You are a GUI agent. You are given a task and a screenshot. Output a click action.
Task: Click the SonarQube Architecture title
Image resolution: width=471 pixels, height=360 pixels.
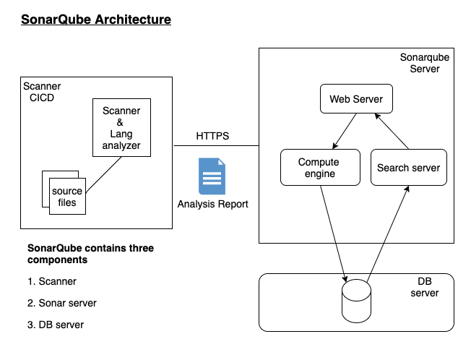click(x=96, y=20)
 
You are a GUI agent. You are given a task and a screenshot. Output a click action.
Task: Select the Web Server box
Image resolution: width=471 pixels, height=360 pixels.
click(x=356, y=99)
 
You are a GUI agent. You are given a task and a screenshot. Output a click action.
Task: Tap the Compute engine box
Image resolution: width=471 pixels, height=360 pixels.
click(x=319, y=168)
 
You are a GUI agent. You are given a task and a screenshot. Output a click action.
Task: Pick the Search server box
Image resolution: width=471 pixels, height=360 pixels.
click(x=408, y=168)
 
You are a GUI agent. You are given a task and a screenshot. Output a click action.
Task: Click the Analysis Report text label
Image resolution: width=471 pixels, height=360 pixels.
click(x=212, y=205)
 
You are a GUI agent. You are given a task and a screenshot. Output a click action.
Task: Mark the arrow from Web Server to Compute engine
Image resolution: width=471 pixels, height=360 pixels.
click(x=345, y=131)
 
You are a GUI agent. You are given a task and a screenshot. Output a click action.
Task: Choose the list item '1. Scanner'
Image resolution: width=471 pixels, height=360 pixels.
click(x=52, y=281)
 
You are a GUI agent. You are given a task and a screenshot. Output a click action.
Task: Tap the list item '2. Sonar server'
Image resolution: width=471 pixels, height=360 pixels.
click(x=62, y=303)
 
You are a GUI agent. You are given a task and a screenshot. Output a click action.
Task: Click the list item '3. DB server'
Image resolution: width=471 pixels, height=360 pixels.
click(x=56, y=325)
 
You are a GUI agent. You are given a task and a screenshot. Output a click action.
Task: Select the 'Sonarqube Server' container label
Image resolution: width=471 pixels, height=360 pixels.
click(x=420, y=62)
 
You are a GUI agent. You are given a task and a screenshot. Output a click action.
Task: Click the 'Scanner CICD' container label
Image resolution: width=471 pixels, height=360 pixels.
click(x=42, y=92)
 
